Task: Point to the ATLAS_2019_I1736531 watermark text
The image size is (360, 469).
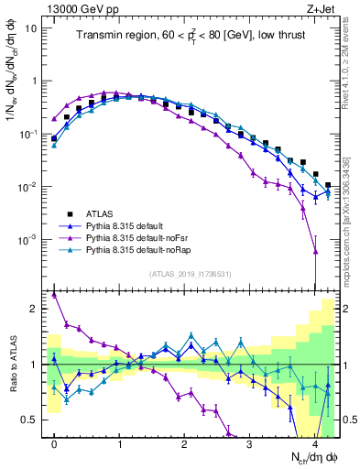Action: (x=190, y=274)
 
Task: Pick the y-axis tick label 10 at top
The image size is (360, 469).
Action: (x=31, y=27)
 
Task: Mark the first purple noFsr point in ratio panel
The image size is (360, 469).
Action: (x=54, y=295)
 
